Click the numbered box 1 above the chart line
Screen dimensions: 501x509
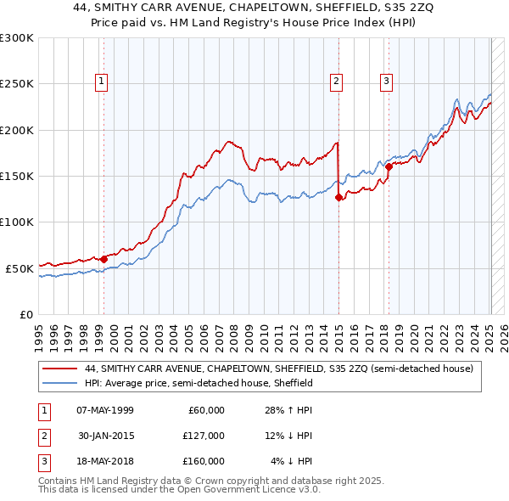(x=102, y=82)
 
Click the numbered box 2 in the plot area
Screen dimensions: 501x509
(x=337, y=82)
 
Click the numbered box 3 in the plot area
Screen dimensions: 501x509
(x=386, y=82)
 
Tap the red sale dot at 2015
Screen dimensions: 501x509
(x=338, y=197)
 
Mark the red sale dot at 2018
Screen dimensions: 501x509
(x=389, y=166)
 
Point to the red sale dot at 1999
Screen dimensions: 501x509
(x=103, y=258)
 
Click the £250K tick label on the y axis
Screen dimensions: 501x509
(x=17, y=84)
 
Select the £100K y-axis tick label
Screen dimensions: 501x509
(x=17, y=222)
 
